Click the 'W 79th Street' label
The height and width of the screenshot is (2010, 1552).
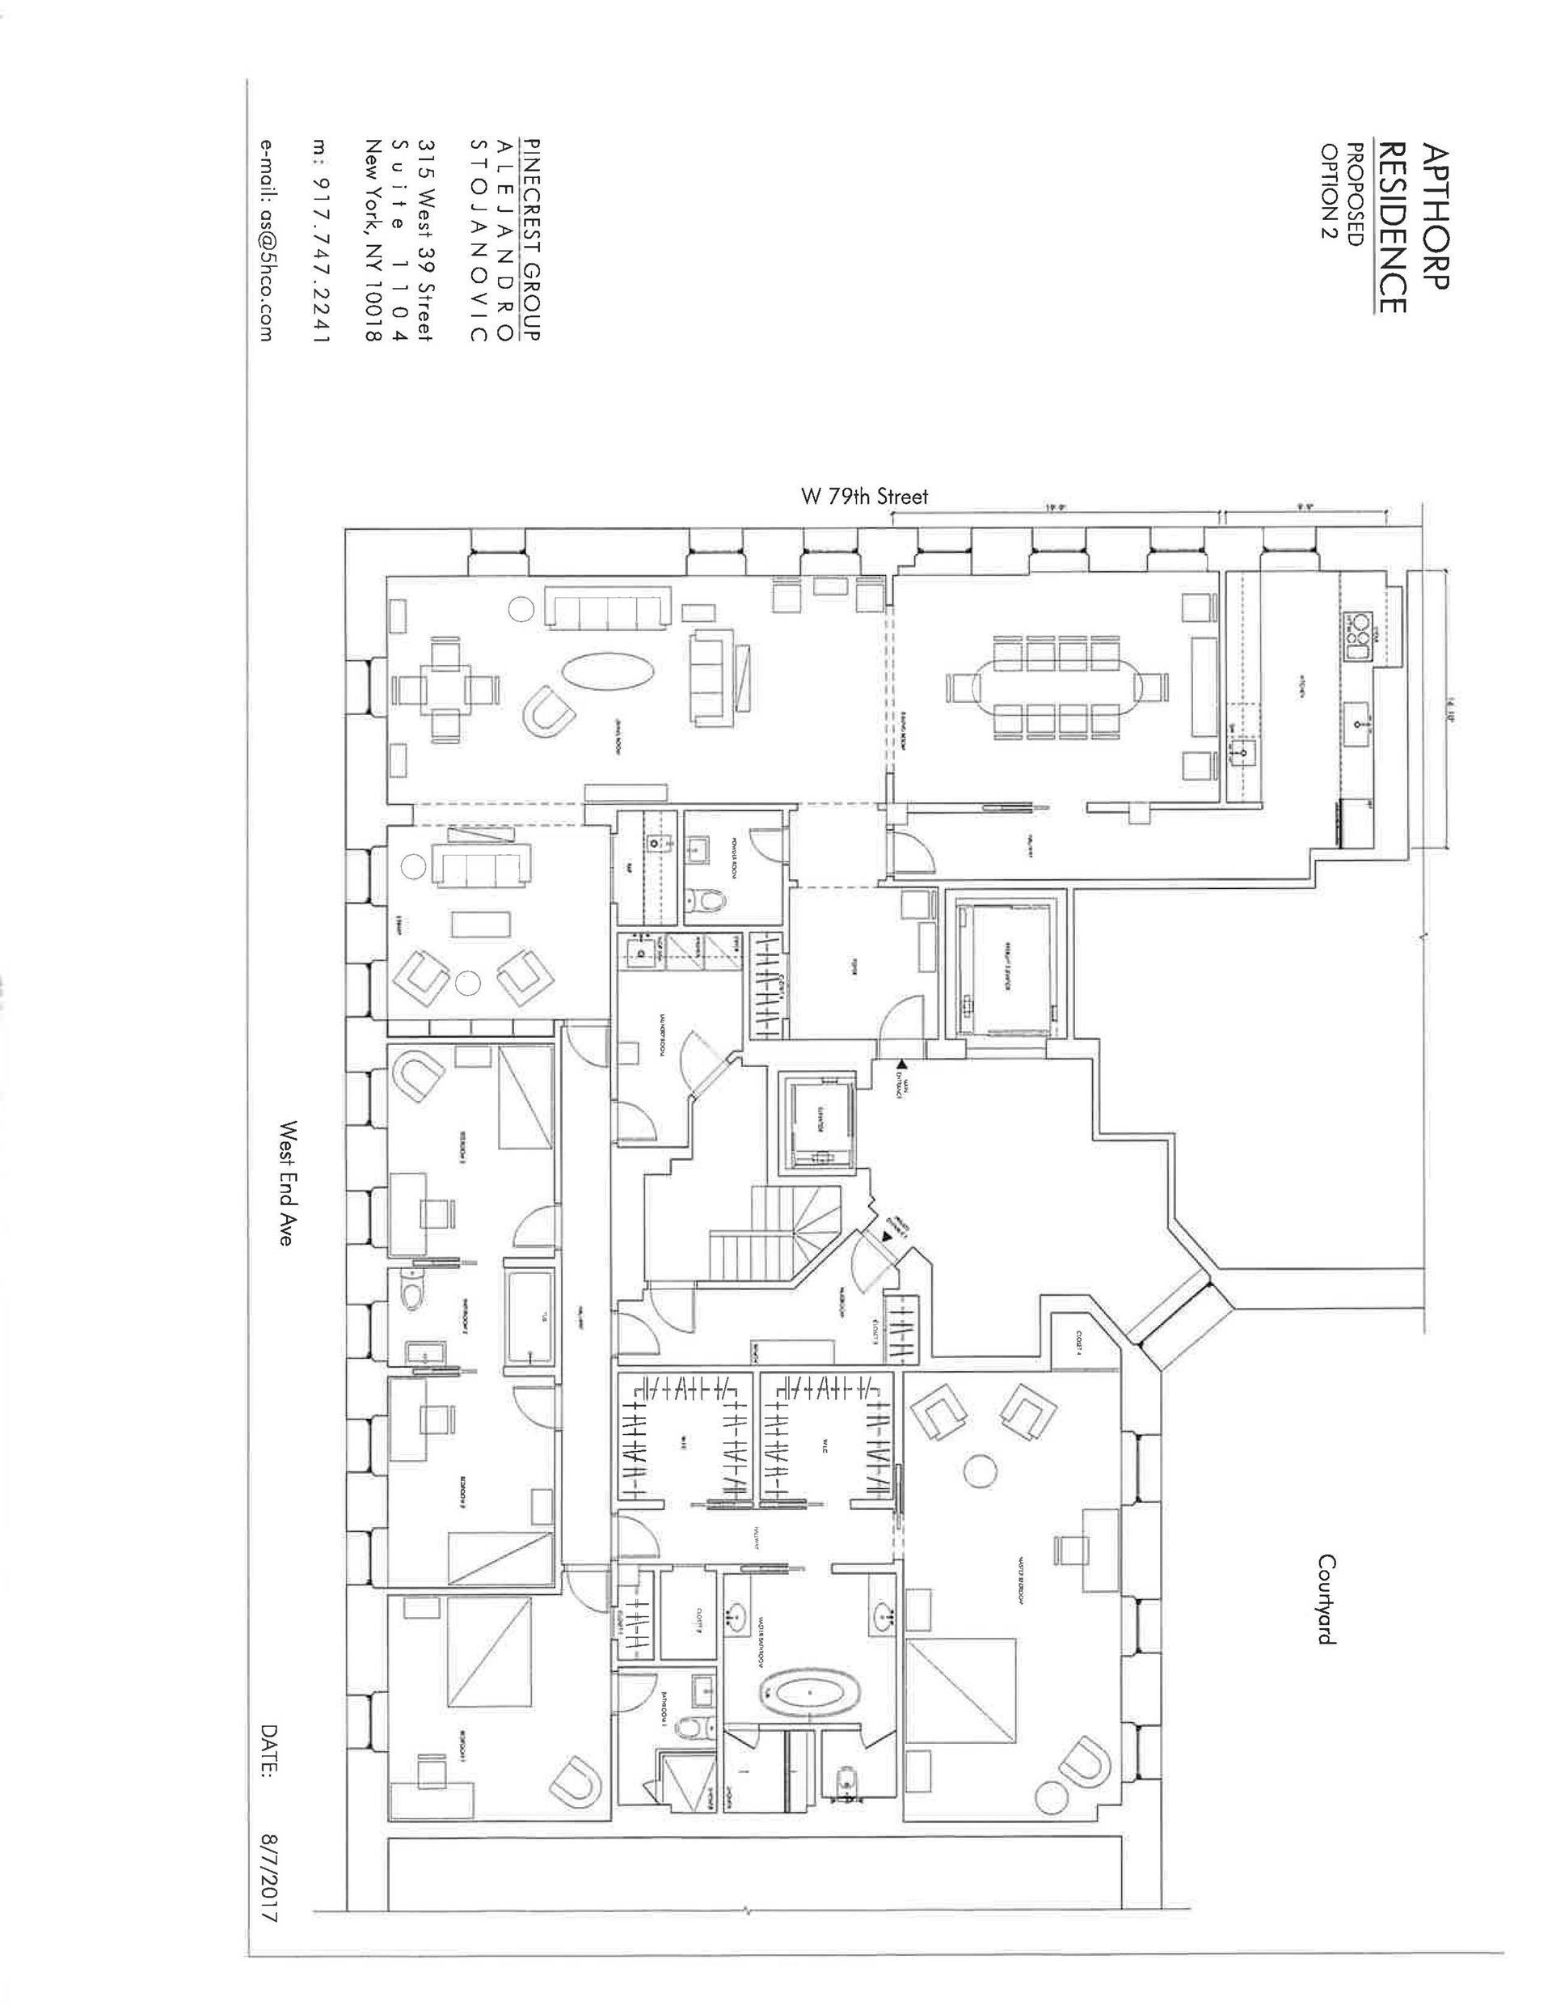(x=863, y=497)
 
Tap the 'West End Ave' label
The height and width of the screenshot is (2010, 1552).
(x=288, y=1183)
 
